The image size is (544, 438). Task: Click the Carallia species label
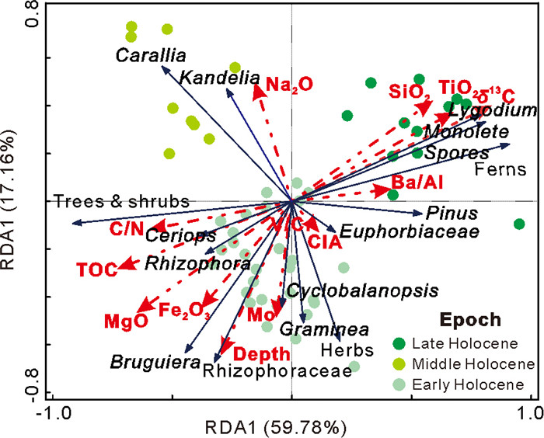click(152, 55)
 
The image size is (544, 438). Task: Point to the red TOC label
click(96, 270)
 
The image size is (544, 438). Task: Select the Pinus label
click(452, 214)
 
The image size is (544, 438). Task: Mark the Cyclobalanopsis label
click(362, 290)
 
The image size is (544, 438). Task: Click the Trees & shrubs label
click(120, 201)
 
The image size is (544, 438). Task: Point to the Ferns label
click(500, 170)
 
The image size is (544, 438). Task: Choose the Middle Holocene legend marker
click(399, 364)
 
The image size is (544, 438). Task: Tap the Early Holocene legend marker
click(399, 384)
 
